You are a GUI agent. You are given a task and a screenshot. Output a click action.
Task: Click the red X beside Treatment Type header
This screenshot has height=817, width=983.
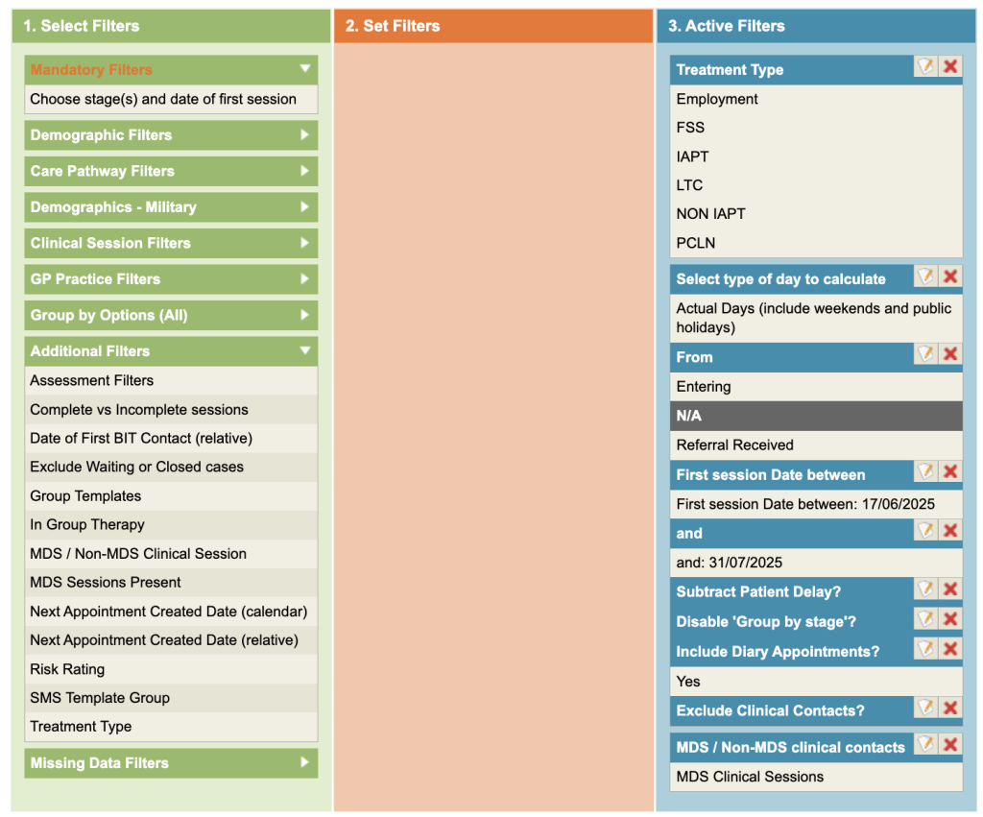point(950,66)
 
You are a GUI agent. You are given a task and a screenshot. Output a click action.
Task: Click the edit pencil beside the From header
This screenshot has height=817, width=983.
point(925,353)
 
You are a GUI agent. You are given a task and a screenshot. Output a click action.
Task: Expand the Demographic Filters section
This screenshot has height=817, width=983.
point(171,135)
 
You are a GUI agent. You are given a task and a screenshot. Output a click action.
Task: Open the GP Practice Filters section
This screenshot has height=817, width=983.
point(171,279)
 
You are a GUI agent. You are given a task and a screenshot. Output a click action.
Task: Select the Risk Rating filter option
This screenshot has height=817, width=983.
point(67,669)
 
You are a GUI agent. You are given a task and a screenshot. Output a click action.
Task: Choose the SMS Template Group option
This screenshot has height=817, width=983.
point(100,698)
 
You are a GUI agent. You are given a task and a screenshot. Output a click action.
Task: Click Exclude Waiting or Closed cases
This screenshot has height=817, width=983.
point(136,467)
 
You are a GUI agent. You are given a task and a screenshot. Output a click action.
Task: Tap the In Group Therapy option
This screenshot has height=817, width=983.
point(87,524)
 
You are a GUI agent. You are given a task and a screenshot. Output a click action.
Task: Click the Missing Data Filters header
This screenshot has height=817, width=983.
point(171,763)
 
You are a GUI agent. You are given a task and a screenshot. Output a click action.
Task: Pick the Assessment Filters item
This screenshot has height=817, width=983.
point(92,380)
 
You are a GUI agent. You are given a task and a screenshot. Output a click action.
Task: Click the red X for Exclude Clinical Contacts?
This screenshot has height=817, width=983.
point(950,708)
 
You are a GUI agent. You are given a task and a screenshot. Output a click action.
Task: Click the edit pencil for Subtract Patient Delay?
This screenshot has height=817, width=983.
point(925,589)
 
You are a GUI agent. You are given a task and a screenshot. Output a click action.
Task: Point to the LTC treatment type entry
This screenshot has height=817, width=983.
point(689,185)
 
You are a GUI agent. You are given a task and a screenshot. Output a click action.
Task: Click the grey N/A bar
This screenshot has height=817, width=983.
point(816,416)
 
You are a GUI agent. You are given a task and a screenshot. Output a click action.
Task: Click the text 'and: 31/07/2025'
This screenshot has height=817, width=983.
point(730,563)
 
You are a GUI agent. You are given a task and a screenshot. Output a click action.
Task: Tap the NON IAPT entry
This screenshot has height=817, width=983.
point(710,214)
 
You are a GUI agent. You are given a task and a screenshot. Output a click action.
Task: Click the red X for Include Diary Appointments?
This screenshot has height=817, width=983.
point(950,648)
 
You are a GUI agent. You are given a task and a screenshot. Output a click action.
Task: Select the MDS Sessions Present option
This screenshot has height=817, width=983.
point(106,582)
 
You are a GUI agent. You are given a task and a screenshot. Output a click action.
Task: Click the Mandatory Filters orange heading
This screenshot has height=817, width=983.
point(91,69)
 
